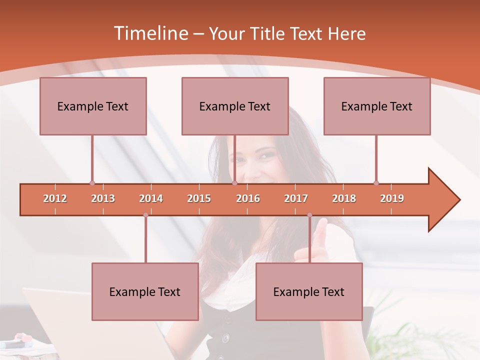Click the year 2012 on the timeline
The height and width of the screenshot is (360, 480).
point(55,198)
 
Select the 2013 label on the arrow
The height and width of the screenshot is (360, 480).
point(103,198)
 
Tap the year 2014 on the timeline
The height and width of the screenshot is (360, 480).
point(151,198)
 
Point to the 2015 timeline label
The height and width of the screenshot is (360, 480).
point(199,198)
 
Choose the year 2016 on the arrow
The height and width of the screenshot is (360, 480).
point(248,198)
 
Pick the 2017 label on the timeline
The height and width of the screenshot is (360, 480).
point(296,198)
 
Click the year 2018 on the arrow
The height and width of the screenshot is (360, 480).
point(344,198)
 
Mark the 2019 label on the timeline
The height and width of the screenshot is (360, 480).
point(392,198)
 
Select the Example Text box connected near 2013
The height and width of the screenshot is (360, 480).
point(93,106)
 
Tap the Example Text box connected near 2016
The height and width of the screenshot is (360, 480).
point(235,106)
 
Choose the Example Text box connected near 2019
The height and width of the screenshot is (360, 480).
point(377,106)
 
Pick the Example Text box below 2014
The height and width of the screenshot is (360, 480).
point(145,291)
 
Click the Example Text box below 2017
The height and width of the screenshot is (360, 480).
point(309,291)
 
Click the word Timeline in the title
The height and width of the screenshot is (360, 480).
point(149,33)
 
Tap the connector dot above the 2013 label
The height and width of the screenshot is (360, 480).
point(92,183)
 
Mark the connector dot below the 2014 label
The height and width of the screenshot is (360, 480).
point(145,215)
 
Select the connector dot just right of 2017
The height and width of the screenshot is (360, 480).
point(309,215)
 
